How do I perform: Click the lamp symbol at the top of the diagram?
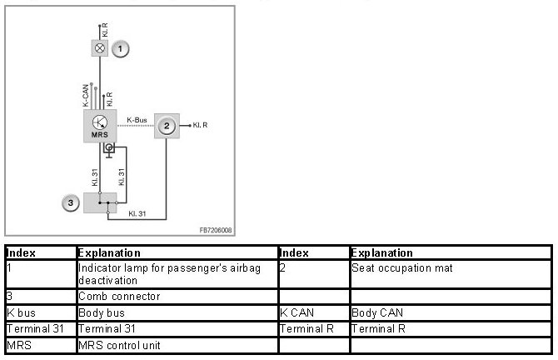pos(101,48)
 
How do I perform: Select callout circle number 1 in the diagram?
pos(122,49)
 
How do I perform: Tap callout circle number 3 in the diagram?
pos(72,202)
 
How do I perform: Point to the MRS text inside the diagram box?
pos(100,133)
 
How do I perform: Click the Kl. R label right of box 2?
pos(200,126)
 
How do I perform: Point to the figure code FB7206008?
pos(216,229)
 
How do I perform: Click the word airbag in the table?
pos(217,268)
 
